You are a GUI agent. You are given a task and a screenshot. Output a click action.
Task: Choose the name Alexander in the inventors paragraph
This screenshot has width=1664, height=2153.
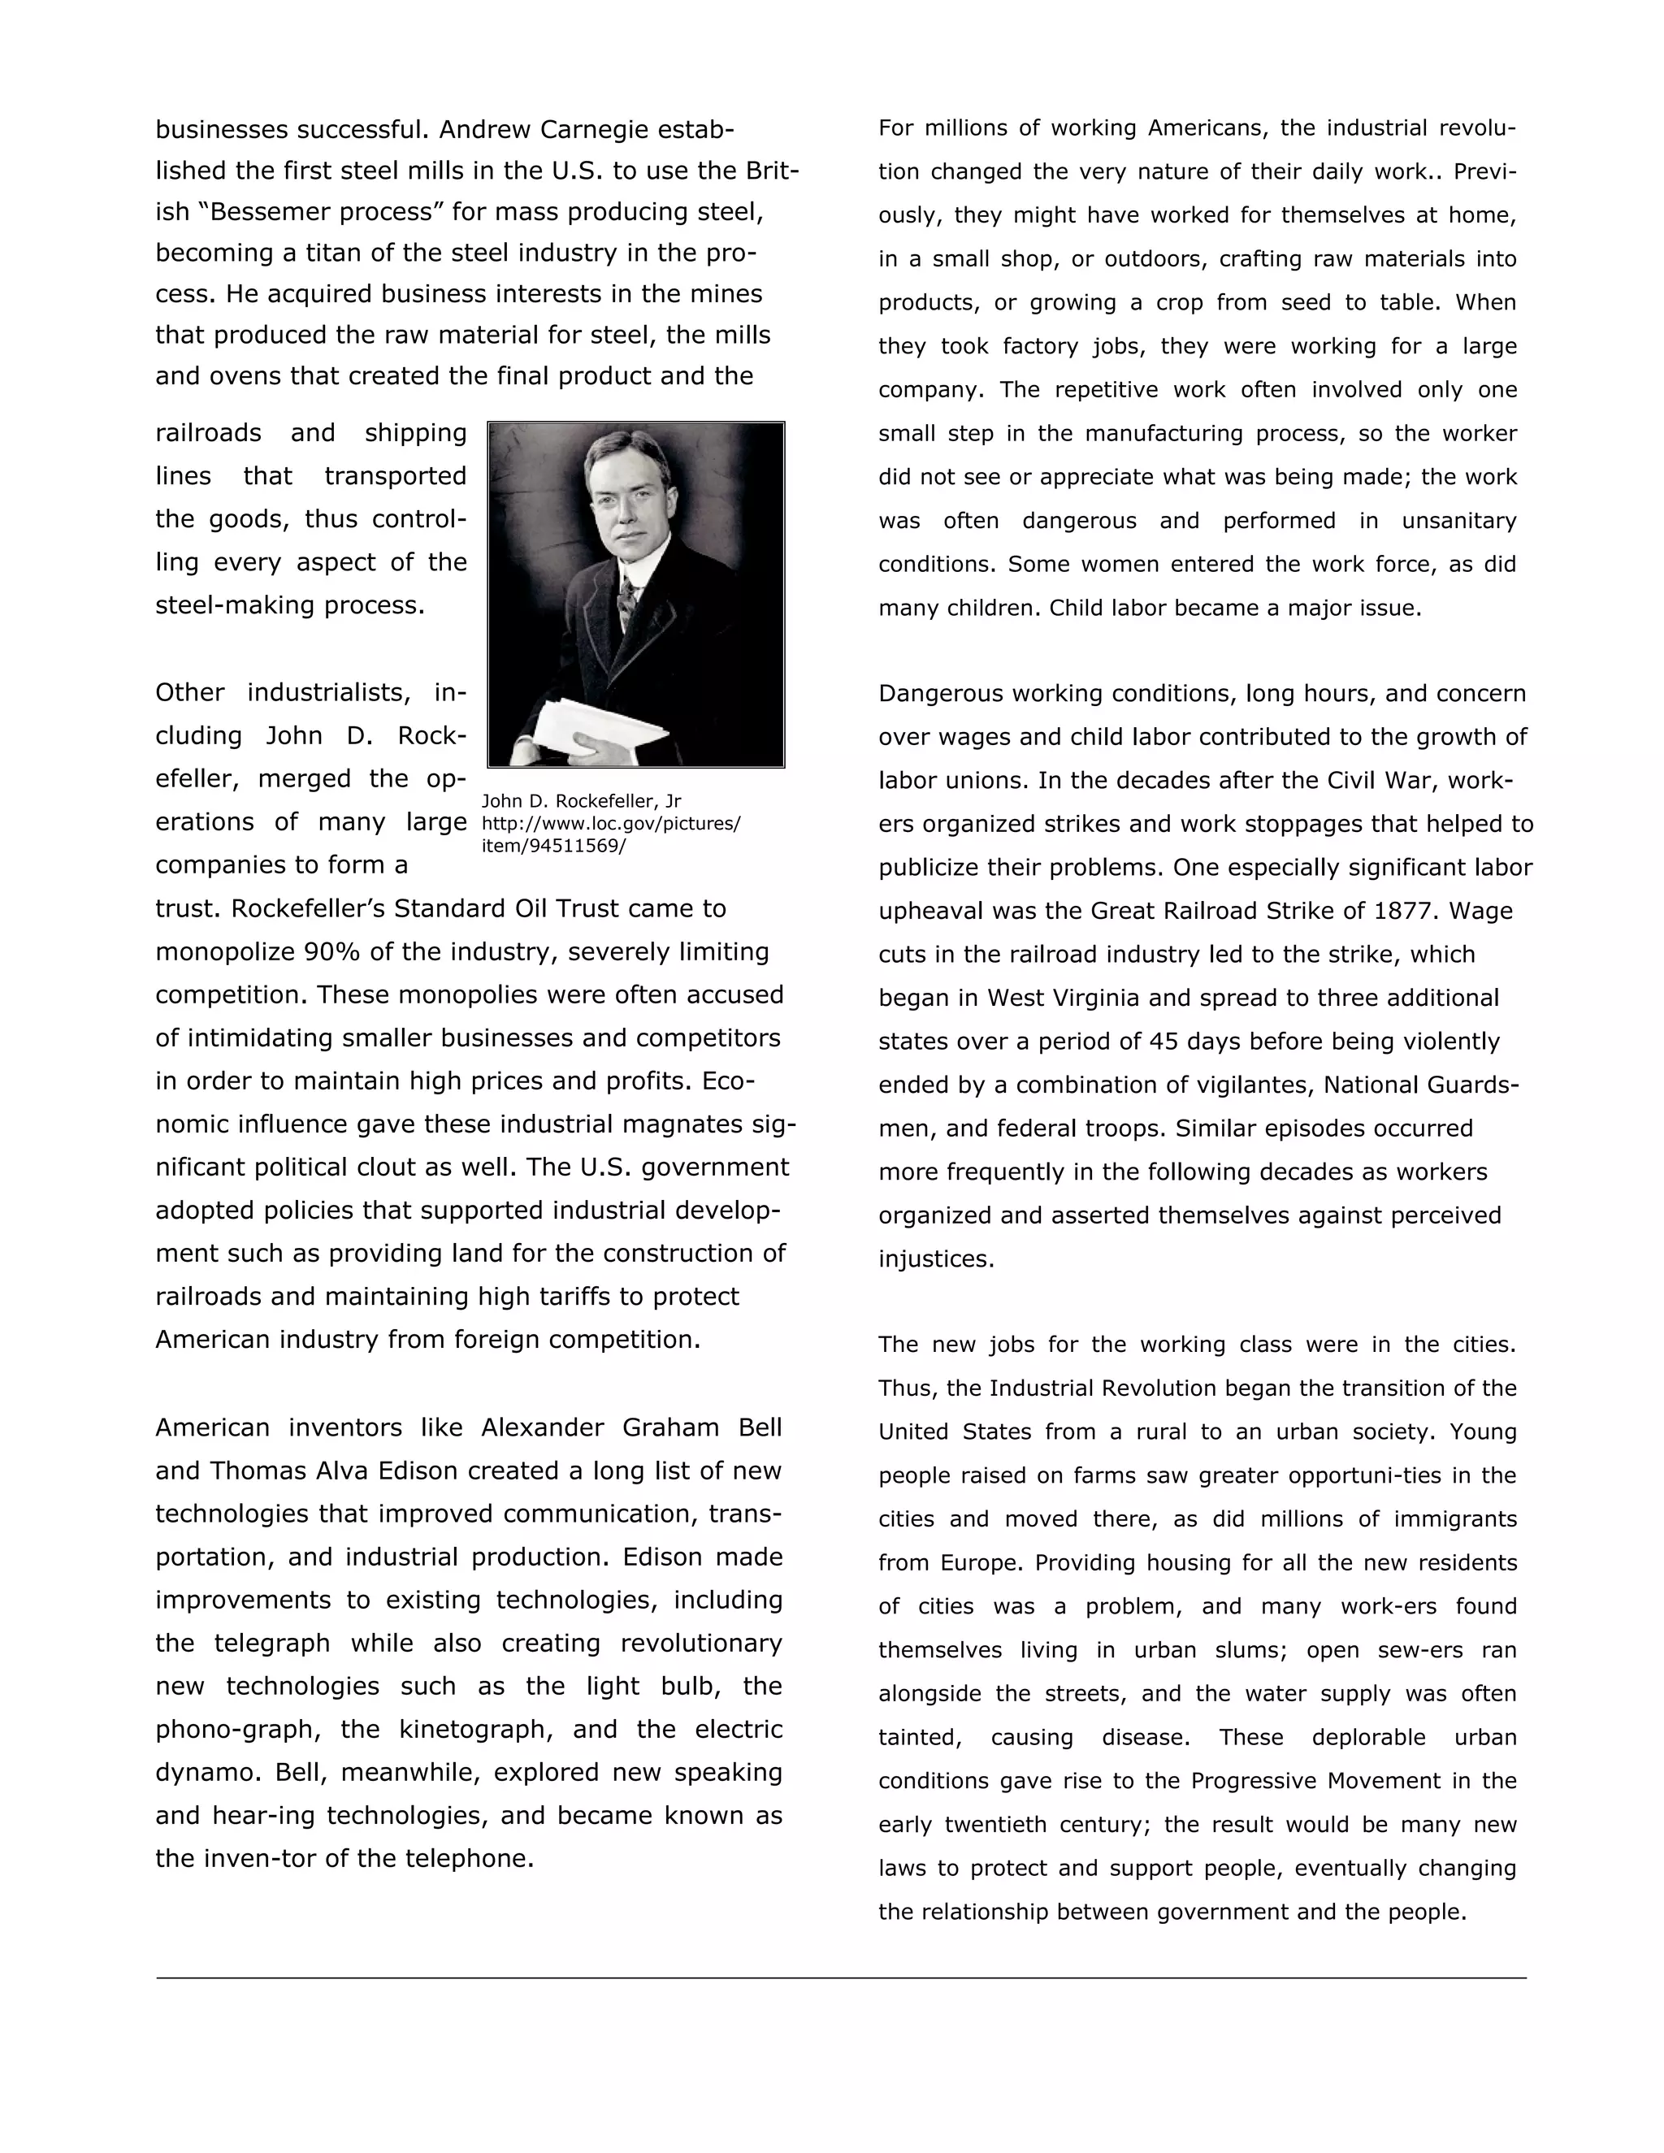point(541,1428)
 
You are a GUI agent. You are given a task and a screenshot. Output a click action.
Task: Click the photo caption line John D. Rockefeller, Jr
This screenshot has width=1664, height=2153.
point(581,801)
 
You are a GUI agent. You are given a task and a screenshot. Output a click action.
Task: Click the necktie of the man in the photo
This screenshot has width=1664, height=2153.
point(624,600)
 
